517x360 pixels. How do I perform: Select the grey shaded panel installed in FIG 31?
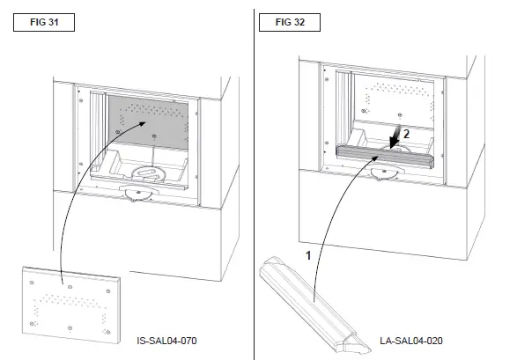click(150, 119)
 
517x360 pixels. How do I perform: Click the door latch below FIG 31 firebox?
click(140, 195)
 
